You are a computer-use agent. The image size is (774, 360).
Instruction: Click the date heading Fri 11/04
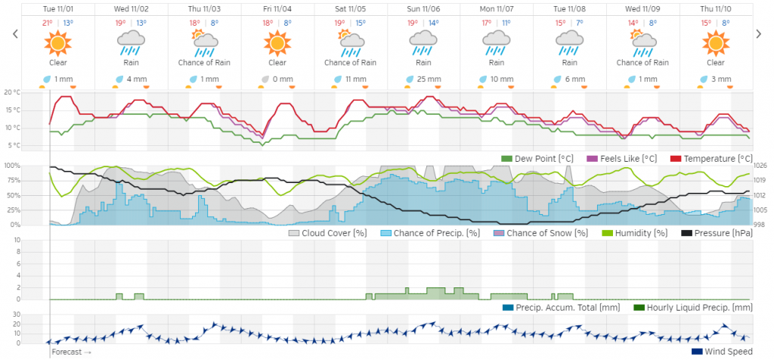point(277,9)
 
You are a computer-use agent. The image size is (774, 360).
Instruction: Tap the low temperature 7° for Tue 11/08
point(579,23)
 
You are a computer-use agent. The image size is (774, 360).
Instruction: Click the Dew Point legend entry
point(543,158)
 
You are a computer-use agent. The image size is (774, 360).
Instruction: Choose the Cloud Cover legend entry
point(329,233)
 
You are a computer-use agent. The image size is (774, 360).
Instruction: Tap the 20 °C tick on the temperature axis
point(12,92)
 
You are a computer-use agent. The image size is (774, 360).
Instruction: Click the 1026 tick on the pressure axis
point(760,166)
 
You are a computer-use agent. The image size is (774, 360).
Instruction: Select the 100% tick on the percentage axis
point(12,166)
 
